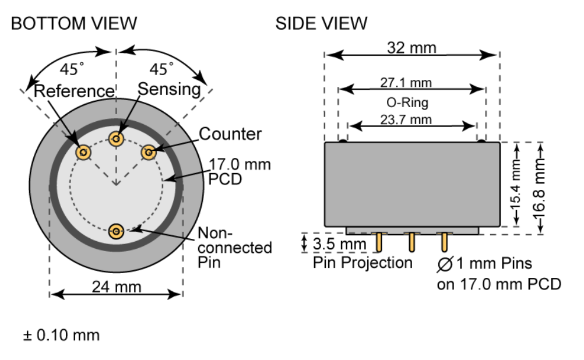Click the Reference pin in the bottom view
tap(84, 153)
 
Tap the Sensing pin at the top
tap(117, 139)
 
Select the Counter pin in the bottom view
tap(149, 153)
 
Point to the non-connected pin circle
tap(117, 231)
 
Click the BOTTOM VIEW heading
tap(74, 23)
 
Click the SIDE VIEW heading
tap(322, 23)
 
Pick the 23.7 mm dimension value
tap(411, 119)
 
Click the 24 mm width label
tap(116, 287)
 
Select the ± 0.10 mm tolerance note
tap(61, 336)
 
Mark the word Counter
tap(231, 134)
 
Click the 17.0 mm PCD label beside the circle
tap(239, 171)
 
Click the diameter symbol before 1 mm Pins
tap(445, 264)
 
